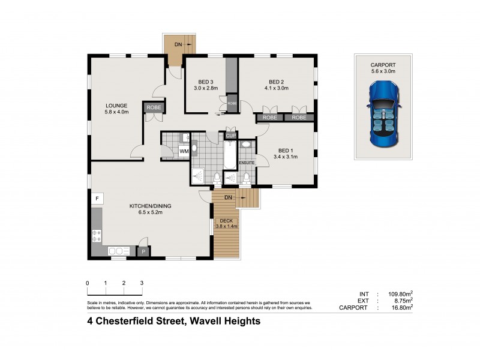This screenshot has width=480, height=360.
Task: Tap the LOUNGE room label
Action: [116, 106]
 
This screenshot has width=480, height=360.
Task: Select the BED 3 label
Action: [206, 82]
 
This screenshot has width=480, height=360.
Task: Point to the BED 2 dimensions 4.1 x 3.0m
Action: [276, 89]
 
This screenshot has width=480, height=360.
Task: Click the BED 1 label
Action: [286, 150]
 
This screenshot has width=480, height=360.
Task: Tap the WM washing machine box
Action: [184, 152]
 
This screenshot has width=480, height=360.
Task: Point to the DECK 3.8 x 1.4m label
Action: [227, 224]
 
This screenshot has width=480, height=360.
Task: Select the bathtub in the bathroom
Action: [230, 153]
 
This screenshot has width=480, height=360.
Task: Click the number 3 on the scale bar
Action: [142, 283]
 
